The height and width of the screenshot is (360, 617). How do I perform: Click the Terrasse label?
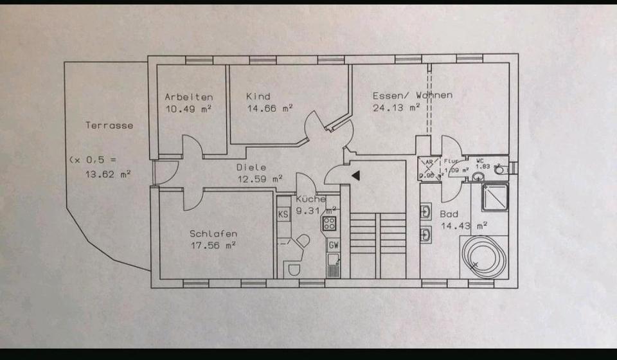click(x=109, y=125)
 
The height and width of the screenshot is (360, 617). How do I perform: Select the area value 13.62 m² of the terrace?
click(x=109, y=174)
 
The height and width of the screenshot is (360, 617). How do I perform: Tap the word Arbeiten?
click(x=188, y=97)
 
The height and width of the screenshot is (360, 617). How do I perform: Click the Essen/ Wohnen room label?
click(x=412, y=95)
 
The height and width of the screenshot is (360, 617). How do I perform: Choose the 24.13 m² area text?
click(x=396, y=107)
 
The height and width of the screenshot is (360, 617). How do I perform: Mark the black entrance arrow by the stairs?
click(x=355, y=174)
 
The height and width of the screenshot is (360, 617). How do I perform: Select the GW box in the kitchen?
click(x=334, y=245)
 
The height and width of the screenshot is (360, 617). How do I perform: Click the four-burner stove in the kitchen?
click(x=330, y=223)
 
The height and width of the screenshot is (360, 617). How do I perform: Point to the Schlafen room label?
click(x=213, y=233)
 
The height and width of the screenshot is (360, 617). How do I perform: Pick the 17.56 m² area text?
click(x=213, y=245)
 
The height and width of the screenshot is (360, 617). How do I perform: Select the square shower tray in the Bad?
click(x=495, y=197)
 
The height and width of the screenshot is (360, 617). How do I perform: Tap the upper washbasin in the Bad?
click(x=426, y=211)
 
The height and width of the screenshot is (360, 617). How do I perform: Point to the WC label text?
click(x=480, y=160)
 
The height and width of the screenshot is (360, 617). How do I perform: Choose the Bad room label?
click(x=449, y=214)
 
